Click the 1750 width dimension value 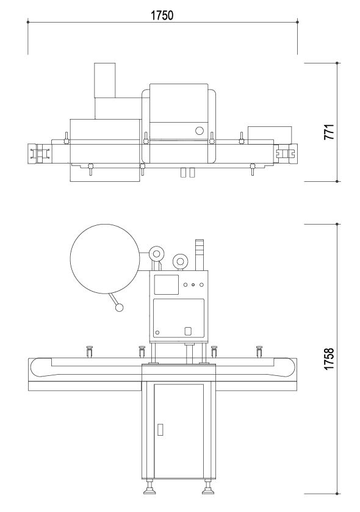[x=162, y=15]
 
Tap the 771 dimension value [x=329, y=132]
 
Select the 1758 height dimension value [x=329, y=359]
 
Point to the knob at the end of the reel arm [x=120, y=308]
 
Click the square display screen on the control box [x=167, y=285]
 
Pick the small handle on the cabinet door [x=160, y=430]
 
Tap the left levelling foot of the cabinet [x=149, y=487]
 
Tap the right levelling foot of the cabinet [x=207, y=487]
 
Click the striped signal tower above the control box [x=199, y=255]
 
